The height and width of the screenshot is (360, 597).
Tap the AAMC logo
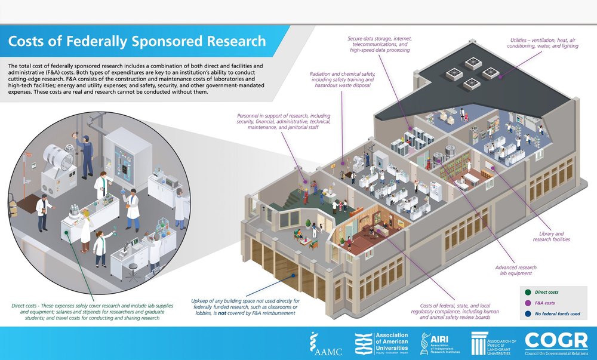[323, 343]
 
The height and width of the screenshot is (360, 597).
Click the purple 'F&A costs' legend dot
[527, 303]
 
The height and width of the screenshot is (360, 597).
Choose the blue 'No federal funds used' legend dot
[527, 313]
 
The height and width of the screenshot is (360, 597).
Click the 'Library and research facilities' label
[551, 236]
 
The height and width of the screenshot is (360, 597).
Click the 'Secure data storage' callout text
[380, 45]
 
